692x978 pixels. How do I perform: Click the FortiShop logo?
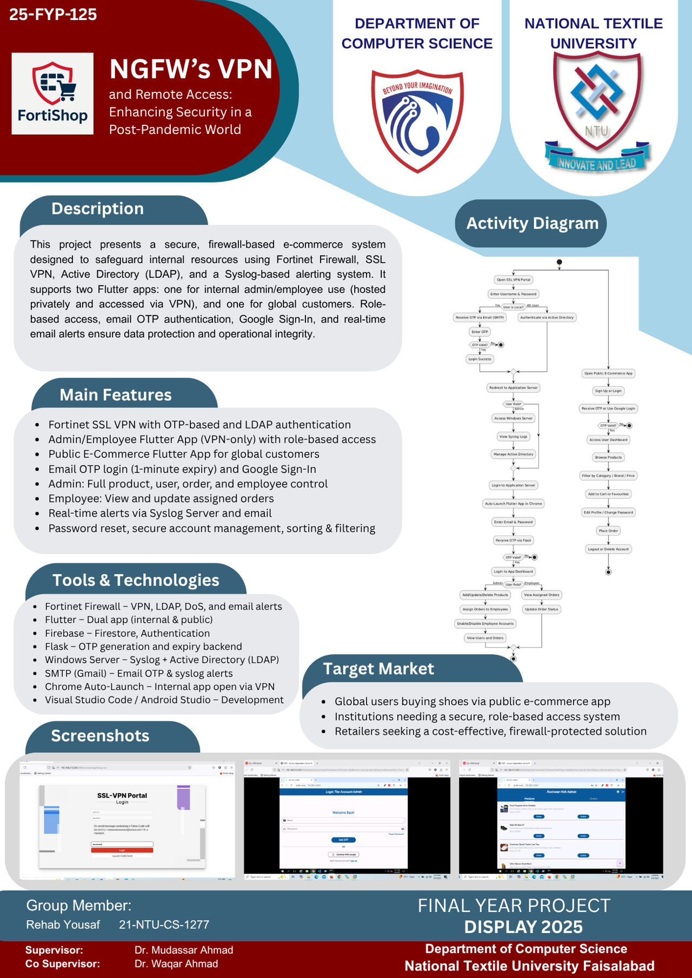click(x=52, y=93)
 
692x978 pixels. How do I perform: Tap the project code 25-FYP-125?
click(x=53, y=15)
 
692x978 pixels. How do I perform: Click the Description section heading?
click(x=97, y=209)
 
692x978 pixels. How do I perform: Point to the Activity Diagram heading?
click(x=532, y=224)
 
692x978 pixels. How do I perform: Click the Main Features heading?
click(x=115, y=395)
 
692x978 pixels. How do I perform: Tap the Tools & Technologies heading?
click(x=136, y=580)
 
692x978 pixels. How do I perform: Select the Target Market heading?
click(x=378, y=669)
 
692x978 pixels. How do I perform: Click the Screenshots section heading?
click(x=100, y=736)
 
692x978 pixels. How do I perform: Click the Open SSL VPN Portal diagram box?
click(x=514, y=280)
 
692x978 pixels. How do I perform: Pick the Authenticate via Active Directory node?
click(x=547, y=318)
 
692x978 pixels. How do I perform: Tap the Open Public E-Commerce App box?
click(x=608, y=373)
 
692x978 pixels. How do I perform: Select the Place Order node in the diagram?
click(x=608, y=531)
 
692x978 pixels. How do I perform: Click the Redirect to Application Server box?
click(x=514, y=388)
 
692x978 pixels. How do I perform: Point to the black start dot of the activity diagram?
click(x=560, y=262)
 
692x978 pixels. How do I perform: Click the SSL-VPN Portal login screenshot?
click(x=127, y=820)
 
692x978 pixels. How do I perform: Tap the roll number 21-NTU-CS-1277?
click(x=164, y=925)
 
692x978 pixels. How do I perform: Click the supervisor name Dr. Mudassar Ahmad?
click(x=184, y=950)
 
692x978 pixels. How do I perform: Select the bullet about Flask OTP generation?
click(x=143, y=647)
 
